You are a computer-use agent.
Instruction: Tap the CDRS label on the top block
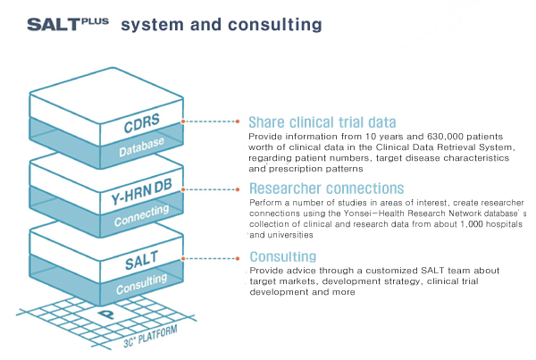tap(142, 123)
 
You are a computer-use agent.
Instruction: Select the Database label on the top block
tap(144, 145)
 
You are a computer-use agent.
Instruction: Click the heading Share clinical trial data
tap(322, 121)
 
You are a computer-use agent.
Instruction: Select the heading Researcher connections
tap(326, 188)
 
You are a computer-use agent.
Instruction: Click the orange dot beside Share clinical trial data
tap(239, 121)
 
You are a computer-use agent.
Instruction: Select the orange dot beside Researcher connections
tap(239, 188)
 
